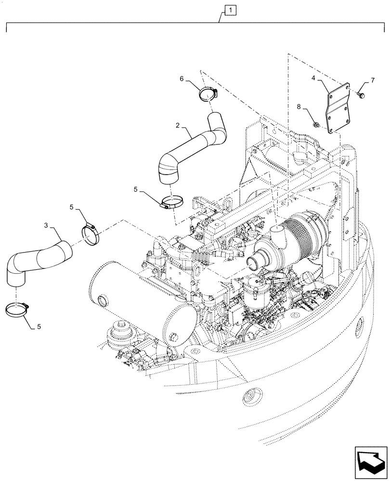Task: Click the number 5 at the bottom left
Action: (39, 326)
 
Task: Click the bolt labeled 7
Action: (362, 96)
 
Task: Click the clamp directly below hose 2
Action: (171, 203)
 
